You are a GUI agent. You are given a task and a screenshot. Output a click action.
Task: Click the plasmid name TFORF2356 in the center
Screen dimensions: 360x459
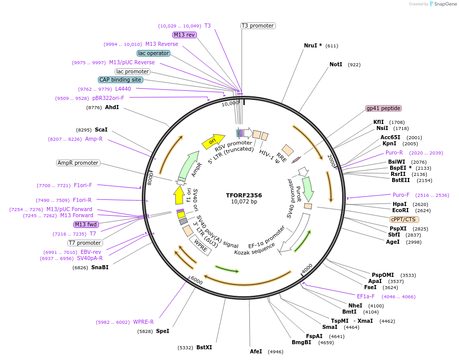[244, 195]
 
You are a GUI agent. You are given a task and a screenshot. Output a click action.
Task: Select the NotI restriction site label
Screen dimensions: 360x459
[336, 65]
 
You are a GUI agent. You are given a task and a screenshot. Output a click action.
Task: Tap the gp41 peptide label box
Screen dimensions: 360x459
[384, 108]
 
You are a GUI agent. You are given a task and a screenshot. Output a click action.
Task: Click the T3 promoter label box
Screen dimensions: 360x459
[258, 25]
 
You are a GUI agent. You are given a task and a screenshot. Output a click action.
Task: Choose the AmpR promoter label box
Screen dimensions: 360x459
[78, 163]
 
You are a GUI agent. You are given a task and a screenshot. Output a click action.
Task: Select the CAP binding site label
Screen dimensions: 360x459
[120, 80]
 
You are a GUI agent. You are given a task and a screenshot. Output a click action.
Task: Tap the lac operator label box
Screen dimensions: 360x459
[154, 53]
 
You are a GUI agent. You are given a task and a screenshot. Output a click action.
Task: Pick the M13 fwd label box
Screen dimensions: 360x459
[86, 224]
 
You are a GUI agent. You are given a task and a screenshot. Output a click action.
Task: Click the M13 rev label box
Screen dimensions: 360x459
[184, 35]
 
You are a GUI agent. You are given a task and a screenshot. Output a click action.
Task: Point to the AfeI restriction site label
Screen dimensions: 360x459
[256, 351]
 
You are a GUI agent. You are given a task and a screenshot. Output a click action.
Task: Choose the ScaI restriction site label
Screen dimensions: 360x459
[101, 130]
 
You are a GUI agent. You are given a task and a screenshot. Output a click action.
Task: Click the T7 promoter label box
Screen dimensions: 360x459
[85, 243]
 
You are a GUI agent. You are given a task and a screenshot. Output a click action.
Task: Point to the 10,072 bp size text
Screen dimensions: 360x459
[244, 202]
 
